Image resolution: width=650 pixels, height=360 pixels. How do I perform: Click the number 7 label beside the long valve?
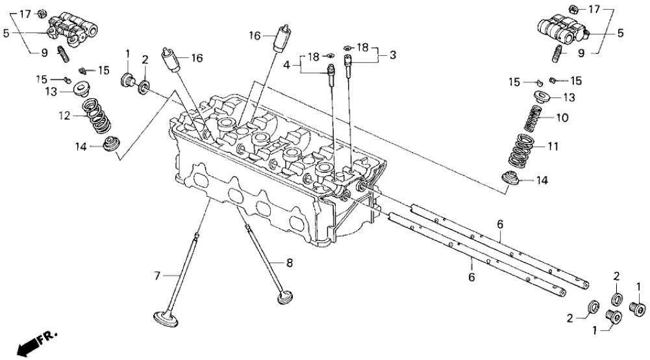(156, 276)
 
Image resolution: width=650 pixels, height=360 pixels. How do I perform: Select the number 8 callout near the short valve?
(290, 263)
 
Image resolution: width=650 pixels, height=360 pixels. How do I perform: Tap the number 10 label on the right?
(562, 118)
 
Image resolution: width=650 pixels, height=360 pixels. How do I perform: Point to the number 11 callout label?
(553, 147)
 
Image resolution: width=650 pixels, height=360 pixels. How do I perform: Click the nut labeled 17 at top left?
(41, 12)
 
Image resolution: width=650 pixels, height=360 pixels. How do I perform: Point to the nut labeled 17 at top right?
(573, 8)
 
